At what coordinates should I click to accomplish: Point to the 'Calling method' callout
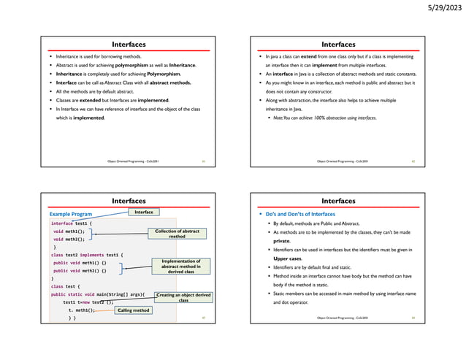point(133,310)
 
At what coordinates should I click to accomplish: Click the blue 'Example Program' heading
point(70,214)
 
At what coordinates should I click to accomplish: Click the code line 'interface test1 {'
point(69,223)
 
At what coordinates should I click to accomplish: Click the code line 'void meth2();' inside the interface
point(69,239)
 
